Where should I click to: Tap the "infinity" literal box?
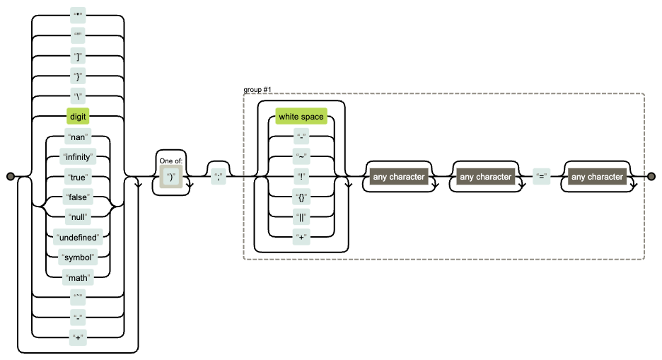(x=78, y=156)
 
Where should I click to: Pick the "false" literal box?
(x=78, y=196)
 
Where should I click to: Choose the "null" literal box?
(x=78, y=216)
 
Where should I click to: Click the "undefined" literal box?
(x=78, y=236)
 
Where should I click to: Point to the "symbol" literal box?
(x=78, y=255)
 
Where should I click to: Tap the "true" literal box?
(x=78, y=176)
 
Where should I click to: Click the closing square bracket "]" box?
(x=78, y=56)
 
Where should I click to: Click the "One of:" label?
(x=171, y=161)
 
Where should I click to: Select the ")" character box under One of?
(x=171, y=178)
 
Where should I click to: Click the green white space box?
(x=301, y=117)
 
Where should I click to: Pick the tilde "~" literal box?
(x=301, y=156)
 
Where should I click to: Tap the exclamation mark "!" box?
(x=301, y=176)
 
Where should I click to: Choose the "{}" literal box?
(x=301, y=197)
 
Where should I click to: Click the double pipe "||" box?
(x=301, y=216)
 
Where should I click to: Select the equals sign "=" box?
(x=541, y=177)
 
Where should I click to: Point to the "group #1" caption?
(x=257, y=90)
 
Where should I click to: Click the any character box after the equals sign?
(x=597, y=177)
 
